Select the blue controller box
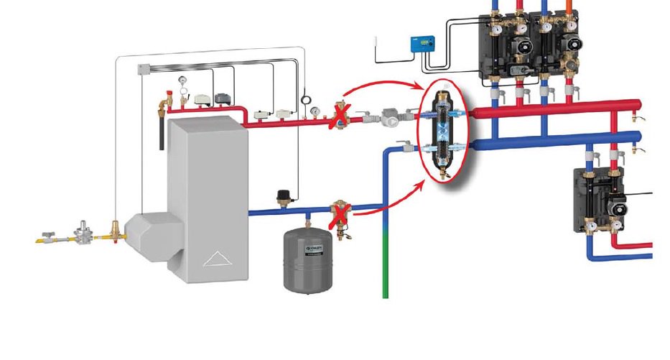coord(420,45)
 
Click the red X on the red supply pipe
coord(337,116)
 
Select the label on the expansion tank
coord(314,249)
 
